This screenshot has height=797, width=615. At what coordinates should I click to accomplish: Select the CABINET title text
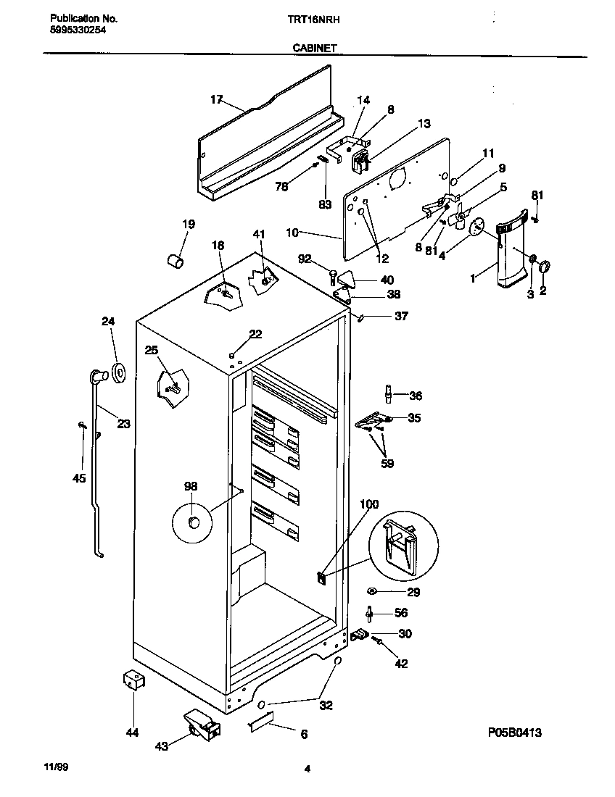(x=314, y=48)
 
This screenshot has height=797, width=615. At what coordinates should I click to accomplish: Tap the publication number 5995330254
(x=78, y=30)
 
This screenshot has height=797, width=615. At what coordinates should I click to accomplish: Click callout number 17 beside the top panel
(x=216, y=99)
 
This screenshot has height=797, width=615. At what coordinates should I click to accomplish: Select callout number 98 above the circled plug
(x=190, y=486)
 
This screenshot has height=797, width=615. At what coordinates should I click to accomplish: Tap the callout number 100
(x=369, y=504)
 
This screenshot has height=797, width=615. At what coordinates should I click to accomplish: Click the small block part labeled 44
(x=132, y=681)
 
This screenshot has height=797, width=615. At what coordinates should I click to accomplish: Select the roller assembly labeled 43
(x=201, y=724)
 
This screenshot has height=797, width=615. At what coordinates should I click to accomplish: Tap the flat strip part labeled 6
(x=263, y=722)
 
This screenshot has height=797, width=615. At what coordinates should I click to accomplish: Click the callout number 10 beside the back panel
(x=292, y=233)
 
